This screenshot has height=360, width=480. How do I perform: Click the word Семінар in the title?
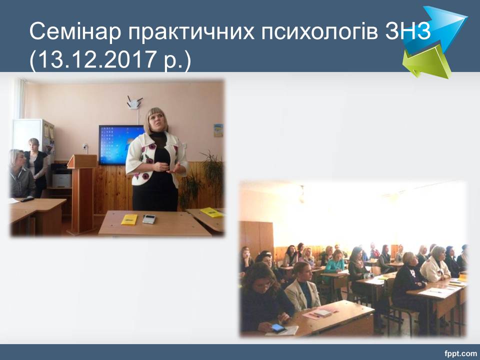[75, 31]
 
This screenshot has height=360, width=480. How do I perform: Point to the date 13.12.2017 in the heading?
[96, 59]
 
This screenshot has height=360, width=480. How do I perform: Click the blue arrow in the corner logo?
[438, 29]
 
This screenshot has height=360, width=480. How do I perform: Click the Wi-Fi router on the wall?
[134, 103]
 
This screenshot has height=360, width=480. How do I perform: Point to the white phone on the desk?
[149, 219]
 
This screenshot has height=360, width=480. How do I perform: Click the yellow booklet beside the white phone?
[129, 219]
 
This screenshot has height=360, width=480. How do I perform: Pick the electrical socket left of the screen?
[85, 147]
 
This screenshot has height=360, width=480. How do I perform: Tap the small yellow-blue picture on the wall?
[218, 130]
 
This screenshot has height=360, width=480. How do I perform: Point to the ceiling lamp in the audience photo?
[302, 194]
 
